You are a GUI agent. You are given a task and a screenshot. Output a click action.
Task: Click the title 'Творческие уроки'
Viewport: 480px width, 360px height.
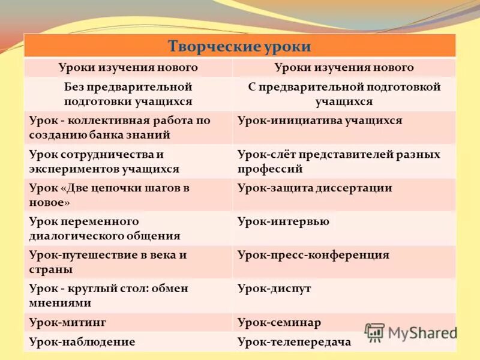239,46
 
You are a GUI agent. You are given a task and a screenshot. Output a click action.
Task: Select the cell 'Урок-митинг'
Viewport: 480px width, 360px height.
68,322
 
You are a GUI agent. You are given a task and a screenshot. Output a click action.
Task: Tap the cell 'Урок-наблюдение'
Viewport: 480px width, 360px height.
82,341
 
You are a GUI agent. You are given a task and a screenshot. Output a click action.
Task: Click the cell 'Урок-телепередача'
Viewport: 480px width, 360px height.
294,342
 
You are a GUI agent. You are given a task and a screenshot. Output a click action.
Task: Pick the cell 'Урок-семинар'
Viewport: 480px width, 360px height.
279,322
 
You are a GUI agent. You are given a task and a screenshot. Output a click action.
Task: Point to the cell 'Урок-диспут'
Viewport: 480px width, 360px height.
274,289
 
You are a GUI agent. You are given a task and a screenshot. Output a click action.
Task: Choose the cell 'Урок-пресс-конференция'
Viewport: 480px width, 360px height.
313,255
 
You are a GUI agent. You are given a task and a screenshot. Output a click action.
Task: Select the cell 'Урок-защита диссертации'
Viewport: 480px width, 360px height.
314,188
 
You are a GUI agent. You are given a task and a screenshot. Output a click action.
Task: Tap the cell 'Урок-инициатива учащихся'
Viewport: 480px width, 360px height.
319,121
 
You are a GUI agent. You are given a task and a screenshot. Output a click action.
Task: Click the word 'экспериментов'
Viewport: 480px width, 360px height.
71,169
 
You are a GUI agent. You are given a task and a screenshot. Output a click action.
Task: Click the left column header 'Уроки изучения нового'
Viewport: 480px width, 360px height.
128,68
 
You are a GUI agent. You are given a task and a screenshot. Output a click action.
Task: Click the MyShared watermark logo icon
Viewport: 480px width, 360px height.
374,332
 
